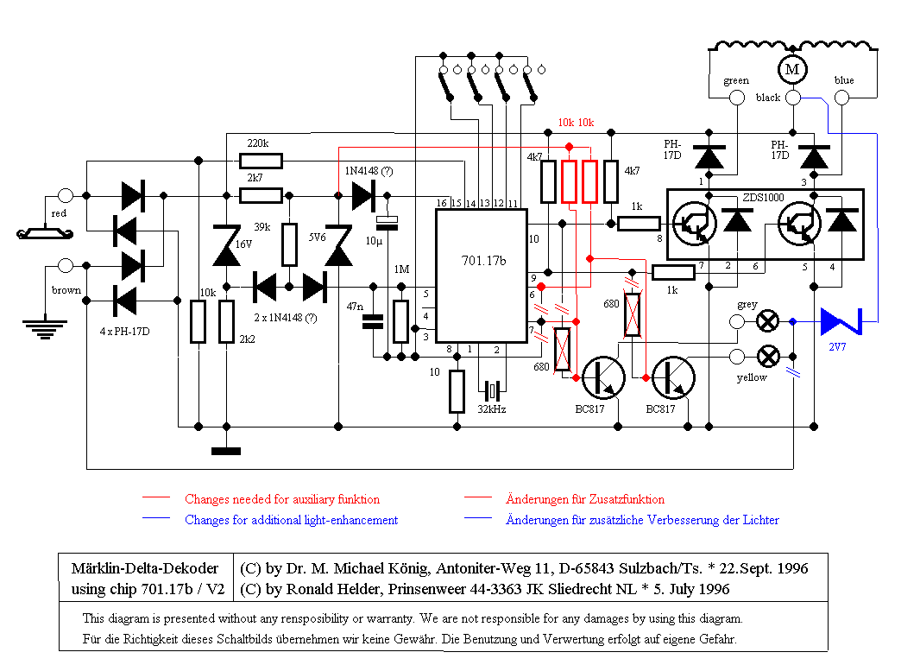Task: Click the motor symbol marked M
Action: click(792, 69)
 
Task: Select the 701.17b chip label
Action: click(483, 261)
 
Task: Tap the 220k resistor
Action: click(261, 161)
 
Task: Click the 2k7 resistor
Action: click(261, 195)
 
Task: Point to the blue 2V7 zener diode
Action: click(841, 321)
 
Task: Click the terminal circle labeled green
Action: click(737, 98)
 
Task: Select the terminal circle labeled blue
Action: click(841, 98)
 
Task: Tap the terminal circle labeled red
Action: click(65, 195)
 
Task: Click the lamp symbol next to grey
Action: click(768, 321)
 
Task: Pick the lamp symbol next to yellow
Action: click(768, 357)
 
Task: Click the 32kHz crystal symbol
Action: click(492, 389)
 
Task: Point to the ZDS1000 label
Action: click(763, 198)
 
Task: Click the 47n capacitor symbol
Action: click(373, 321)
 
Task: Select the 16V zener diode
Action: click(226, 245)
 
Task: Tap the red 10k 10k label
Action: click(576, 123)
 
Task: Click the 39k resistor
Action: click(289, 244)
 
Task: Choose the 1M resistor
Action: click(400, 321)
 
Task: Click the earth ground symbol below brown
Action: click(45, 330)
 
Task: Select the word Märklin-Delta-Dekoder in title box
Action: click(145, 568)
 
